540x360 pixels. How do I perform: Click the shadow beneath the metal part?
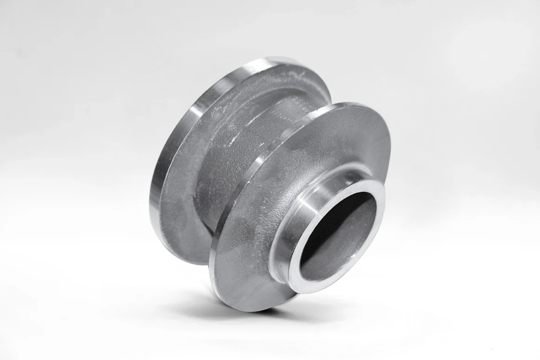point(242,307)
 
